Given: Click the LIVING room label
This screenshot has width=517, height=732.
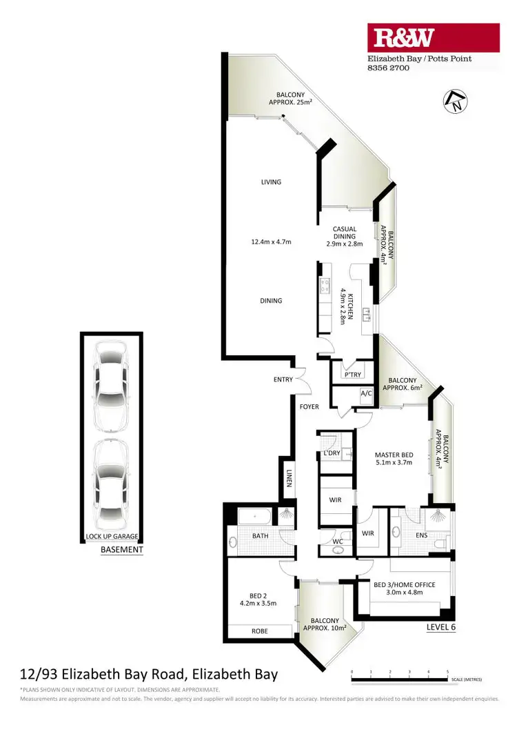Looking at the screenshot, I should click(x=271, y=182).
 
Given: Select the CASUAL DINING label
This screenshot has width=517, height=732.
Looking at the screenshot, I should click(x=344, y=229).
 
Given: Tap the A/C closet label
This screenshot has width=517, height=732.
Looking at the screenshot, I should click(x=366, y=394).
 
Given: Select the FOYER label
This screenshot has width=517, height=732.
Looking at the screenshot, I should click(x=309, y=407).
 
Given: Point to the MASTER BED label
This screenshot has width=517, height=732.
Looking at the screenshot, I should click(x=394, y=455).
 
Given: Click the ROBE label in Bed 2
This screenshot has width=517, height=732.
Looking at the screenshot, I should click(x=259, y=631).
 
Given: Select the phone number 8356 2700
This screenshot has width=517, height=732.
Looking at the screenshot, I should click(x=388, y=68).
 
